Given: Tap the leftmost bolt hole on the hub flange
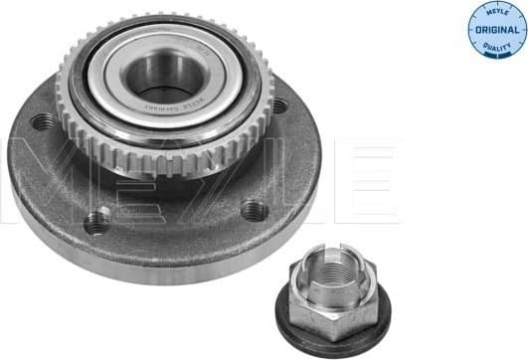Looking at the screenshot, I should (x=43, y=123).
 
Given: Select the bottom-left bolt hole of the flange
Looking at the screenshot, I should (x=95, y=222).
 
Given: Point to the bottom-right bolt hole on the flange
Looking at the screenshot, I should (x=255, y=211).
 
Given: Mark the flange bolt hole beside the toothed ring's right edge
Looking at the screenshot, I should (x=280, y=106).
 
